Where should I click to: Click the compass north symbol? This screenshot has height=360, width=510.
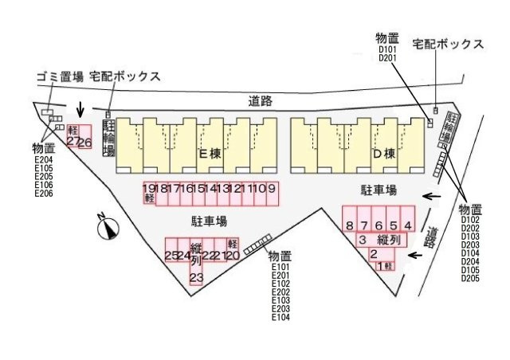[x=108, y=229]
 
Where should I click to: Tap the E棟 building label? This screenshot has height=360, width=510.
[x=210, y=154]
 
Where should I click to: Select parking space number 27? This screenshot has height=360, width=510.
[x=73, y=140]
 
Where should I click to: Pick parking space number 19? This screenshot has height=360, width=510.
[x=149, y=189]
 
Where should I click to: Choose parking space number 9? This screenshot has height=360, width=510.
[x=271, y=189]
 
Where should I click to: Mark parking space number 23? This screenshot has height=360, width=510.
[x=196, y=277]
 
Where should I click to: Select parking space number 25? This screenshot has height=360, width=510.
[x=171, y=256]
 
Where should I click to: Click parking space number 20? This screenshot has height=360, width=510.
[x=233, y=255]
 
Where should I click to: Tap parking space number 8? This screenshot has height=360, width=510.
[x=350, y=225]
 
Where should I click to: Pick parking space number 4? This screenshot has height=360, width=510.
[x=407, y=225]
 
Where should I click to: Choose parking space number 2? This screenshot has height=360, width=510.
[x=373, y=254]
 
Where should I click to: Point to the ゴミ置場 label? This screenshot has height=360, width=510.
[x=60, y=76]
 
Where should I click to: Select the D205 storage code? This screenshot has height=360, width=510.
[x=469, y=278]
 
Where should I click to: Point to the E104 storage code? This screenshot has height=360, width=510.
[x=280, y=317]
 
